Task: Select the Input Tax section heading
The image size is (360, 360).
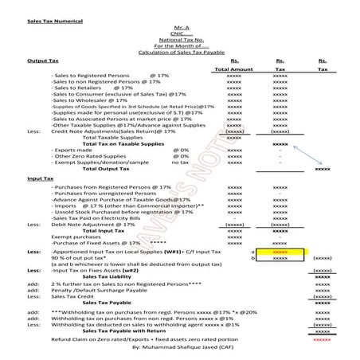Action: (x=40, y=180)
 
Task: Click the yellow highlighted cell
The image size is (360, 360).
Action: (x=280, y=252)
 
